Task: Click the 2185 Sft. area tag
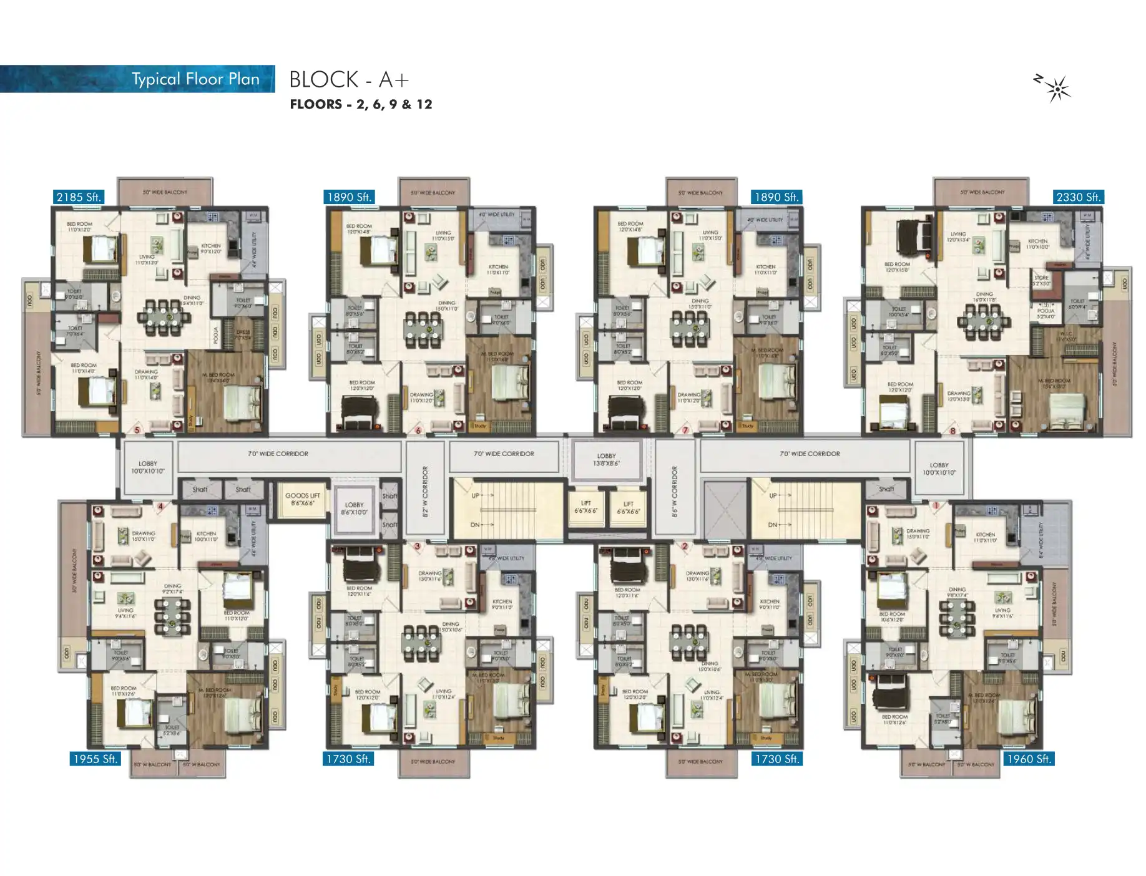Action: click(x=78, y=197)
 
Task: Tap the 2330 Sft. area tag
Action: click(x=1077, y=197)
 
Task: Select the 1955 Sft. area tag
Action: click(x=95, y=759)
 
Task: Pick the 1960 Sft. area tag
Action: click(x=1028, y=759)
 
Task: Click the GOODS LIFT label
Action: click(x=302, y=499)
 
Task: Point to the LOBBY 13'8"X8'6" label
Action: click(x=606, y=460)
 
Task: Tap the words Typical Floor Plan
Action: click(x=195, y=79)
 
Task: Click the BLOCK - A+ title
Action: click(x=349, y=79)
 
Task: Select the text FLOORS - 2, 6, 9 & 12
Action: click(x=361, y=104)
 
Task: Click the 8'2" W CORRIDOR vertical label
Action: click(x=426, y=491)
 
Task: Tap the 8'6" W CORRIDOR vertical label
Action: click(x=674, y=491)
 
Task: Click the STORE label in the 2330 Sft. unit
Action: click(x=1041, y=280)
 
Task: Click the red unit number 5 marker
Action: click(x=137, y=430)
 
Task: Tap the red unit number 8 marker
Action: click(x=953, y=431)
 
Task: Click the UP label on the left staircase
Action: click(x=476, y=495)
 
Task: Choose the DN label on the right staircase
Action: click(x=773, y=525)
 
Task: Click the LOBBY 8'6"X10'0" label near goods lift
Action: click(x=354, y=509)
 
